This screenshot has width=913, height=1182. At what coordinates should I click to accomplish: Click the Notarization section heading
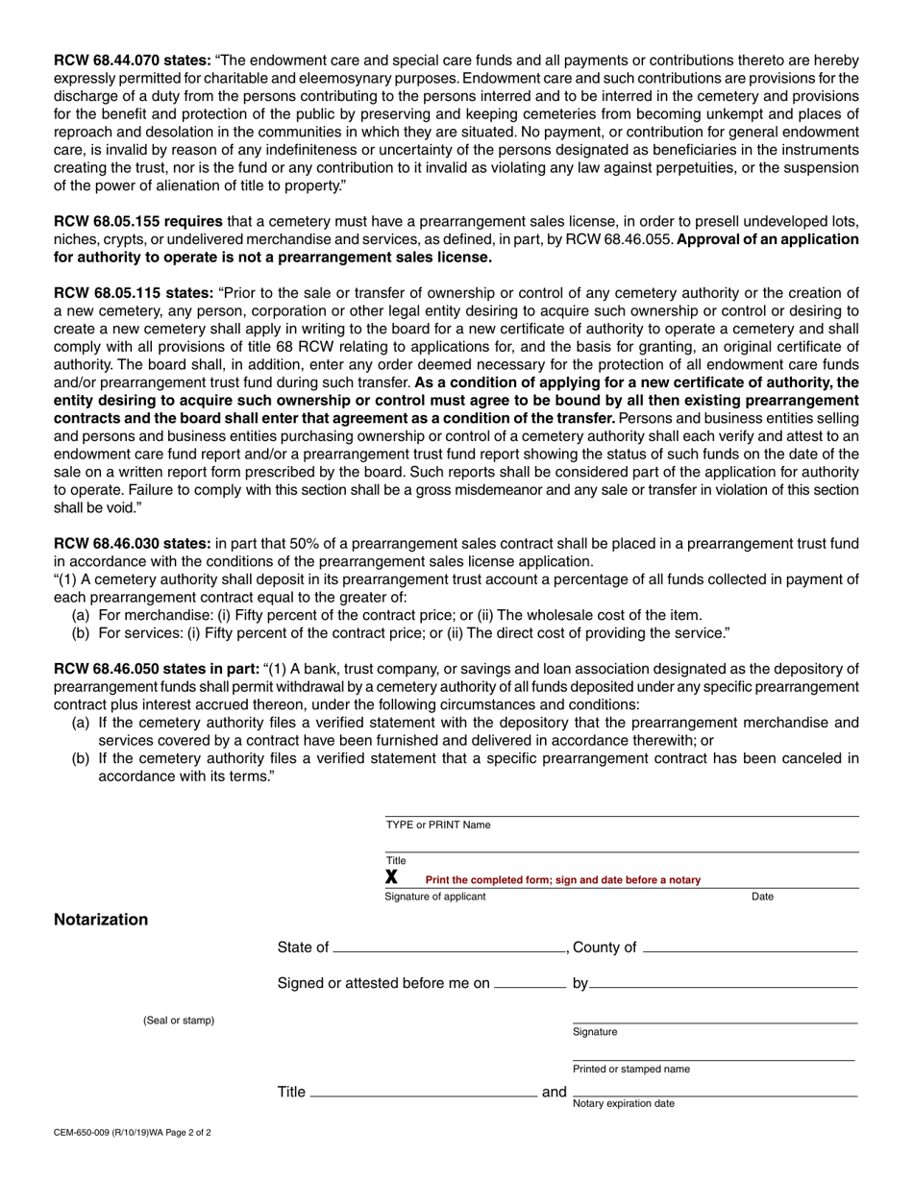(x=101, y=920)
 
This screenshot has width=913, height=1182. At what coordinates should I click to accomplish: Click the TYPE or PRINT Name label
(x=437, y=825)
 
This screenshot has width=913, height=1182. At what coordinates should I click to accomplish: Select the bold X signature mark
(x=392, y=877)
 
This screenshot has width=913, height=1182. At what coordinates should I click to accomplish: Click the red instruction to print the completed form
(x=562, y=880)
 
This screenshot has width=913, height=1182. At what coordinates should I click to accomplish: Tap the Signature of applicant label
(x=435, y=898)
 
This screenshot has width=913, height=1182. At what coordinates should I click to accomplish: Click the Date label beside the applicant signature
(x=762, y=898)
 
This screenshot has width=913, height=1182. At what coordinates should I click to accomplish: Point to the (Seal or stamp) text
(x=179, y=1021)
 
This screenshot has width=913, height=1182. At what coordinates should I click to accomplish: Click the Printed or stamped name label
(x=630, y=1070)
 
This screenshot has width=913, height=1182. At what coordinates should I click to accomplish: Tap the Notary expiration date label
(x=623, y=1104)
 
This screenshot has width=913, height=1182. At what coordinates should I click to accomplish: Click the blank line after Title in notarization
(x=423, y=1095)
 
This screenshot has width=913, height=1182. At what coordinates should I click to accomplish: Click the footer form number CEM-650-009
(x=132, y=1133)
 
